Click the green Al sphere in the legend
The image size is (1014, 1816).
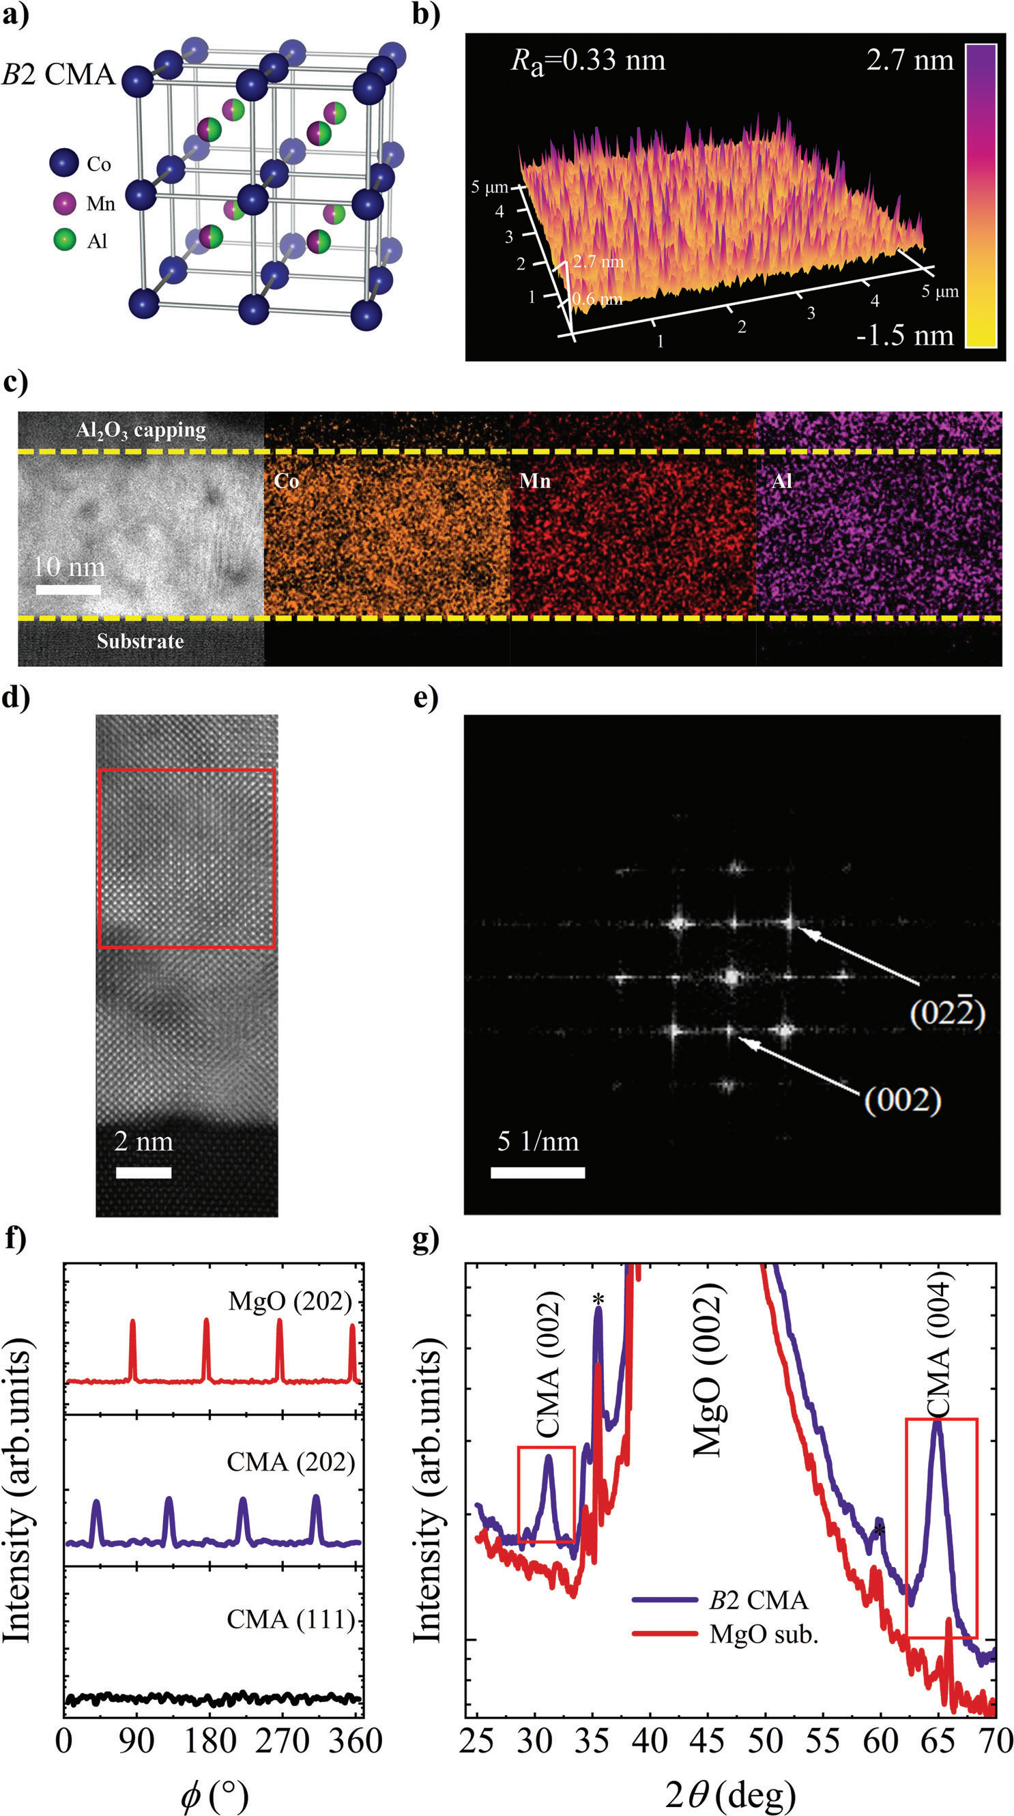tap(64, 240)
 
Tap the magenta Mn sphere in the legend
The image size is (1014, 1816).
tap(64, 203)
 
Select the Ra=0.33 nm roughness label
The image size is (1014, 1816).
tap(588, 61)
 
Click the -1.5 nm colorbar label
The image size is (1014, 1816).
tap(905, 336)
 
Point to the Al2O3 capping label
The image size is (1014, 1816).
tap(141, 430)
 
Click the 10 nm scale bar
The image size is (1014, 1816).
tap(68, 589)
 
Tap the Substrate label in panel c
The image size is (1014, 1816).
tap(140, 641)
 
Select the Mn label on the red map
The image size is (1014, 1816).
tap(535, 481)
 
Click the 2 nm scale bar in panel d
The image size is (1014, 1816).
tap(144, 1172)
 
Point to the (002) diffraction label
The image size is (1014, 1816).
tap(903, 1099)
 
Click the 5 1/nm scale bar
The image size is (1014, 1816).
tap(538, 1172)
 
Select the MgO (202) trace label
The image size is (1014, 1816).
tap(289, 1301)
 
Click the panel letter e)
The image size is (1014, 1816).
tap(426, 698)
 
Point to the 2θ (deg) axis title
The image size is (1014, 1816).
tap(730, 1791)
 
